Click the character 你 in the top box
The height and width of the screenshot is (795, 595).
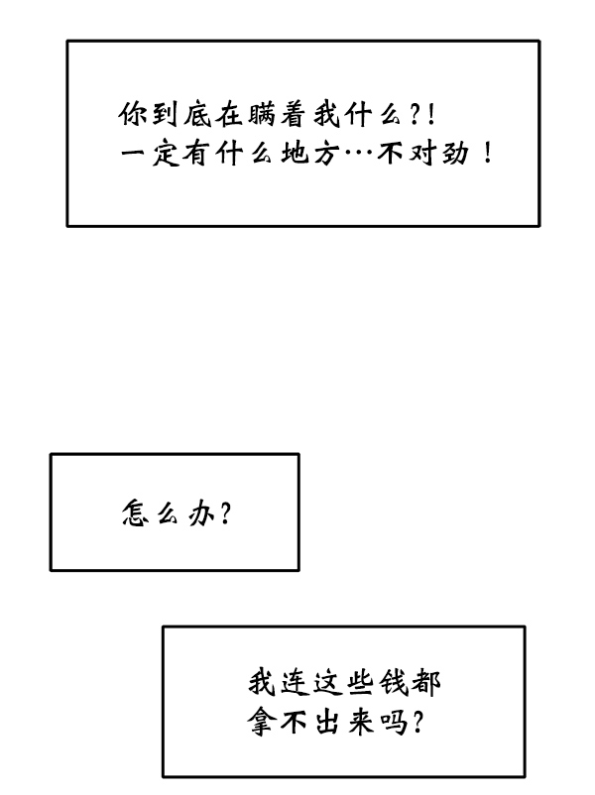click(x=132, y=116)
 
